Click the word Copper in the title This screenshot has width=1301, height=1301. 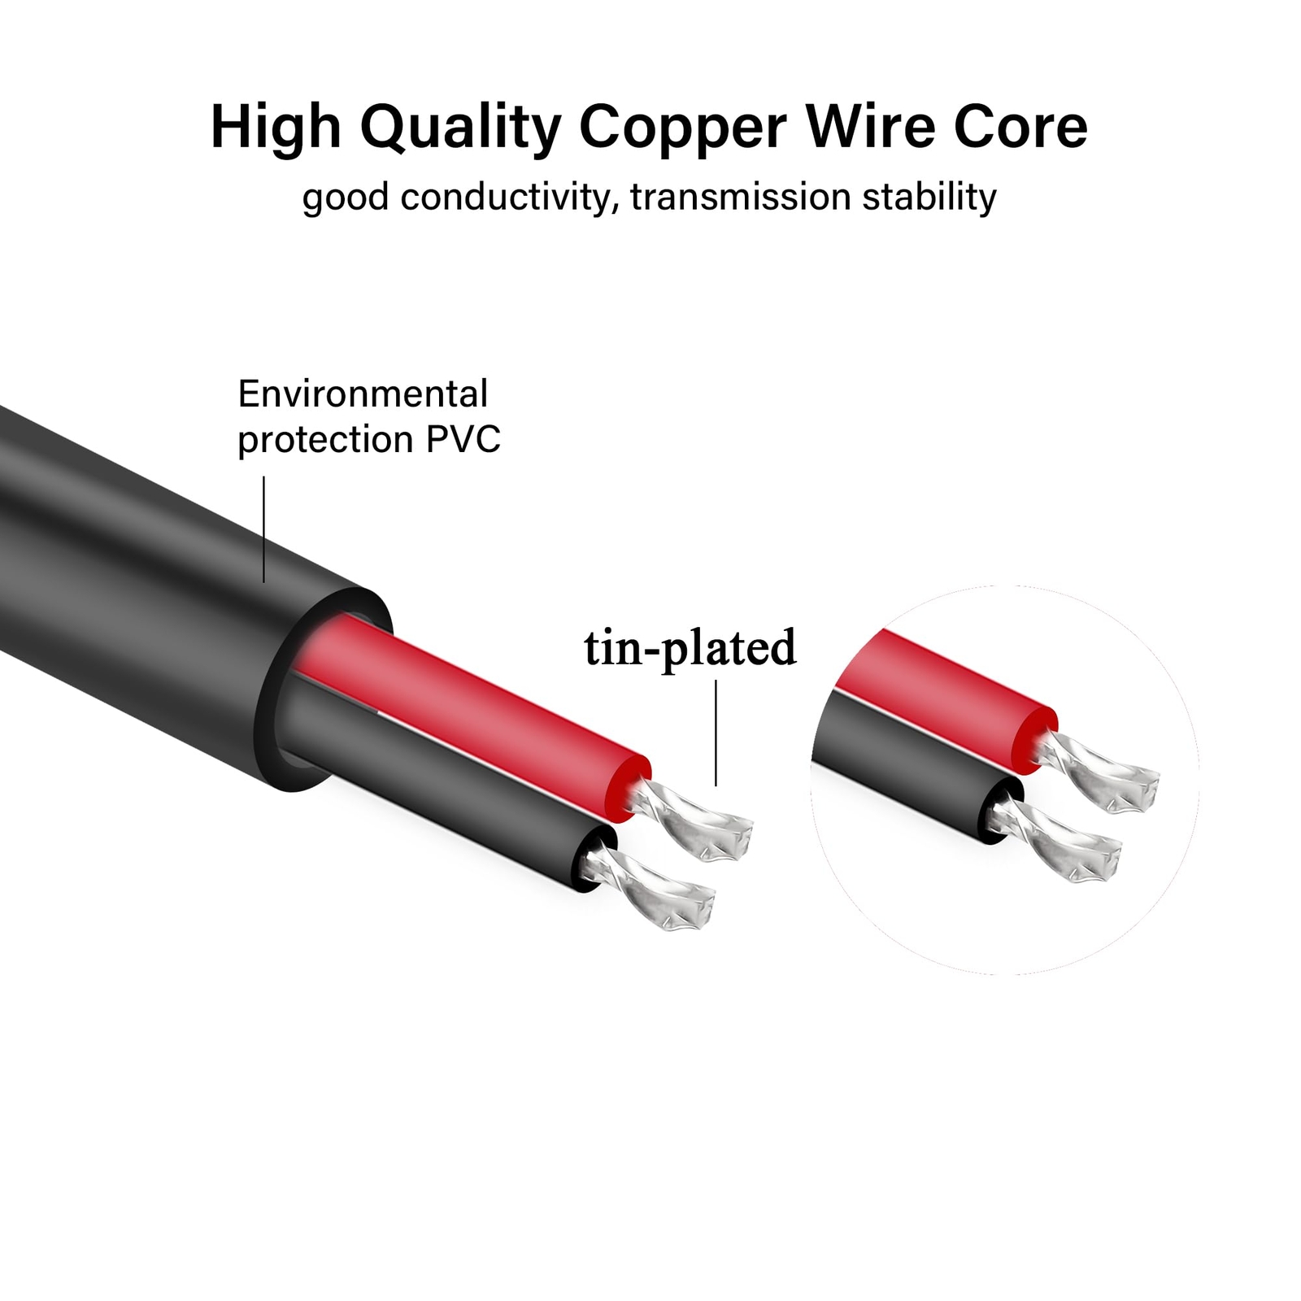pyautogui.click(x=682, y=128)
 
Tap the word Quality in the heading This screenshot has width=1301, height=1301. pyautogui.click(x=460, y=128)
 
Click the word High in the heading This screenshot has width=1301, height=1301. pyautogui.click(x=276, y=128)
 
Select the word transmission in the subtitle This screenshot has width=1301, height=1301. pyautogui.click(x=740, y=198)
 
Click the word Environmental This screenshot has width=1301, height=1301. pyautogui.click(x=363, y=394)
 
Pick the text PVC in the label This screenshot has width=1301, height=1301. pyautogui.click(x=463, y=440)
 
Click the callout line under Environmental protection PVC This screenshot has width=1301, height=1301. pyautogui.click(x=263, y=529)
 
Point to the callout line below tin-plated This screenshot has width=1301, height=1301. pyautogui.click(x=716, y=733)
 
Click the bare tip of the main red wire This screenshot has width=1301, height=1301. pyautogui.click(x=699, y=821)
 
